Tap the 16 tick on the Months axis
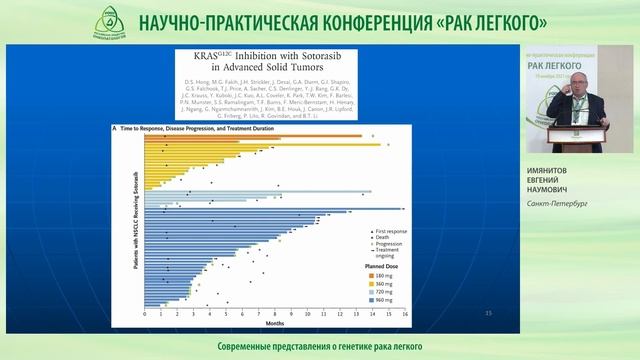(x=405, y=315)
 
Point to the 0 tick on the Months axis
(x=146, y=315)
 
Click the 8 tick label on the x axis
(x=276, y=315)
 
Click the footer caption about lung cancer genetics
(x=319, y=346)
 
